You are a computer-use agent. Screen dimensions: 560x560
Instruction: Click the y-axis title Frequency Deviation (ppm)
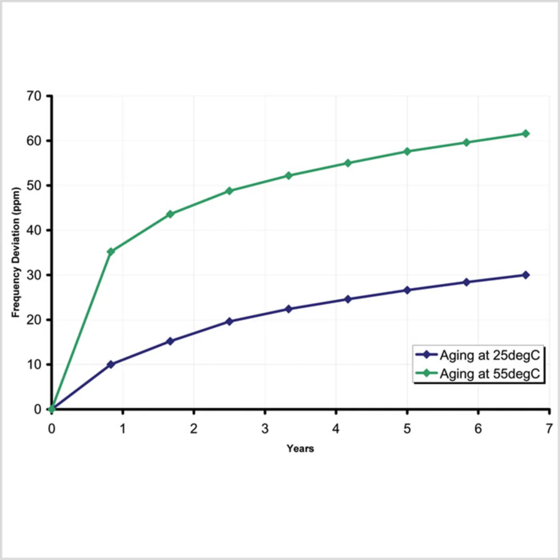click(16, 252)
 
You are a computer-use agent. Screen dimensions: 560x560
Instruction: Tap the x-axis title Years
click(300, 448)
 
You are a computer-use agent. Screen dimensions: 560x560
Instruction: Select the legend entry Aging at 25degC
click(490, 355)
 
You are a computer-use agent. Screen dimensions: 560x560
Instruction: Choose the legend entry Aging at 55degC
click(490, 374)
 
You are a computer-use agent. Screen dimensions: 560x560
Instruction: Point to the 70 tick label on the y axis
click(34, 96)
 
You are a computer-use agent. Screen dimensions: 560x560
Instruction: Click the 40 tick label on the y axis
click(34, 230)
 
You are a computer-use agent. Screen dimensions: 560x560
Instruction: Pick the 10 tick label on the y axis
click(34, 364)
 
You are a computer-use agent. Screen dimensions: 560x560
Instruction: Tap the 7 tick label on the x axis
click(549, 429)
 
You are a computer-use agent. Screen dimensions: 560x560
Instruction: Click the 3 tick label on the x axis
click(265, 429)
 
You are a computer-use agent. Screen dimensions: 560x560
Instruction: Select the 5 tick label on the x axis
click(407, 429)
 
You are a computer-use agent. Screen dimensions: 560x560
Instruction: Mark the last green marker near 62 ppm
click(525, 133)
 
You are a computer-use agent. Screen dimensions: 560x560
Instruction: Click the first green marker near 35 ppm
click(111, 252)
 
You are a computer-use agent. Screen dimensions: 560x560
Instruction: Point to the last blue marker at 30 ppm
click(525, 275)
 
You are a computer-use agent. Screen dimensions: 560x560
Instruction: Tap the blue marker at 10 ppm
click(111, 364)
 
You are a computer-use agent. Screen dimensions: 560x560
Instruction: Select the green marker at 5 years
click(407, 151)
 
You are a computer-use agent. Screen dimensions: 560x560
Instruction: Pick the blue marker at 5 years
click(407, 290)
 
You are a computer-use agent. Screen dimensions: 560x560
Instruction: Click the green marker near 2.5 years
click(229, 191)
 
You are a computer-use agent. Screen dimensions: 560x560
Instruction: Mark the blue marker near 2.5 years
click(229, 322)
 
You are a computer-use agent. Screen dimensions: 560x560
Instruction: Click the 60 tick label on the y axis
click(34, 141)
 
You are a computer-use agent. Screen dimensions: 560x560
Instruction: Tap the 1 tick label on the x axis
click(122, 429)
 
